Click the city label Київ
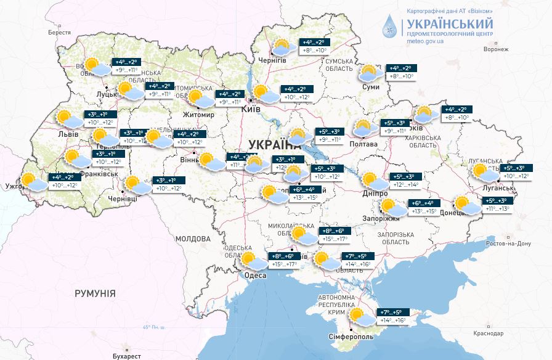251,109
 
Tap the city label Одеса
255,275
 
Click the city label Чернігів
272,60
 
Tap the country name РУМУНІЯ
95,293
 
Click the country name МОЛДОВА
192,239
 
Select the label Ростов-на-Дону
508,243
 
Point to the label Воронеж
496,49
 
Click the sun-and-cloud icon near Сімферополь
357,317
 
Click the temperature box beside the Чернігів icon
314,47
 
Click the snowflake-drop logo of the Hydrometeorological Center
389,26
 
